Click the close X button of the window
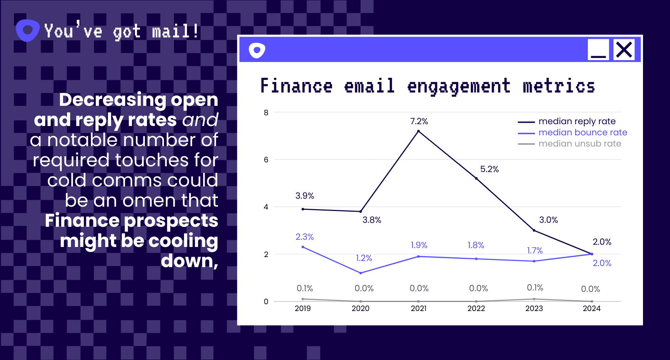coord(624,50)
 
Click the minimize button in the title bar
coord(598,50)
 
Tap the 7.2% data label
coord(419,121)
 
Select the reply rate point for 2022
coord(476,178)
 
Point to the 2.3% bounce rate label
coord(304,237)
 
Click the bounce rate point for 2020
coord(361,273)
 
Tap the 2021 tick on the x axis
coord(419,309)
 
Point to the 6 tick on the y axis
coord(266,159)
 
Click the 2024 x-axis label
coord(591,309)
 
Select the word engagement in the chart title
coord(459,87)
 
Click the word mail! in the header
coord(175,31)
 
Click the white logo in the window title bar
coord(257,50)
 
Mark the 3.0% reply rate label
coord(548,220)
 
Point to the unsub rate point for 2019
coord(303,299)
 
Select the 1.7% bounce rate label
coord(535,251)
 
